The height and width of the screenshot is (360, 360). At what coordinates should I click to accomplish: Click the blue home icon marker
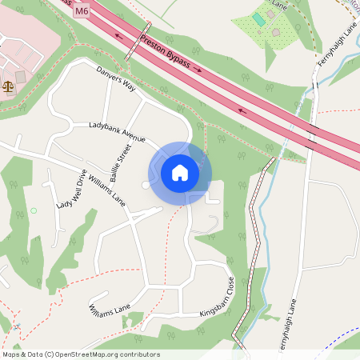(x=180, y=172)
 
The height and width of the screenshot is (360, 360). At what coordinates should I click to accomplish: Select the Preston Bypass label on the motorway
(x=170, y=54)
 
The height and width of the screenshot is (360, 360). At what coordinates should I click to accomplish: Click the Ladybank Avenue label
(x=117, y=131)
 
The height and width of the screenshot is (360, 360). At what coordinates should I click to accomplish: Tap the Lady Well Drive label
(x=71, y=189)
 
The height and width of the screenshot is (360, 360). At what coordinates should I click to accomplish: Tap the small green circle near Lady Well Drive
(x=34, y=210)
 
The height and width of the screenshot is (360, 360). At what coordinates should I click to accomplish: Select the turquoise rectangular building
(x=258, y=18)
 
